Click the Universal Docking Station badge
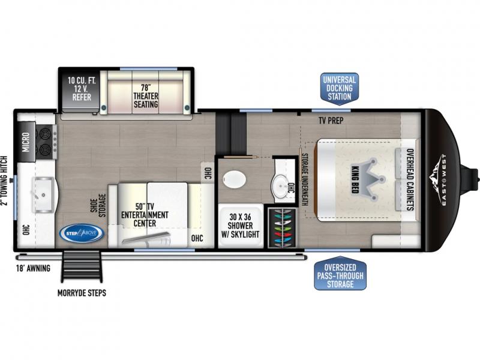339,89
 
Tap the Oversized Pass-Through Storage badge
340,274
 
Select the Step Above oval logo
82,233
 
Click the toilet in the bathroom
234,179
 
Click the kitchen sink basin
43,194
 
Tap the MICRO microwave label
26,142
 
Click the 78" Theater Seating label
146,96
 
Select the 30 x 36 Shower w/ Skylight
241,226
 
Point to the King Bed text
355,179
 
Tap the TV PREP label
331,121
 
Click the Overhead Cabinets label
410,179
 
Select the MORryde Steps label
82,293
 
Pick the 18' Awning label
33,268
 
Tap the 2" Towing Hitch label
4,181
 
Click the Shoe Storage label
98,205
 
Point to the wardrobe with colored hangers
282,228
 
